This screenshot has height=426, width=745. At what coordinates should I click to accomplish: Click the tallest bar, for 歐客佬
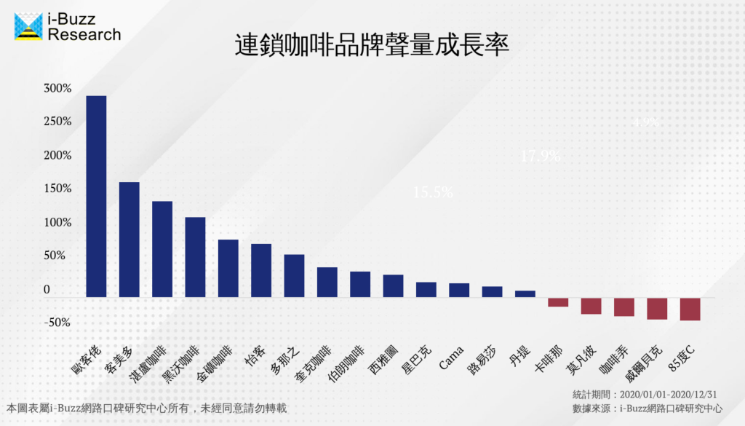click(96, 197)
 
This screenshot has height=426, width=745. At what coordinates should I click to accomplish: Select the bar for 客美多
click(130, 240)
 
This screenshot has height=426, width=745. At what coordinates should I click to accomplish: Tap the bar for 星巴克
click(426, 289)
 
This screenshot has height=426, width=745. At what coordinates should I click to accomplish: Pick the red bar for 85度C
click(690, 309)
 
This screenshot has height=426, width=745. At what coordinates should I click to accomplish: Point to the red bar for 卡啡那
click(558, 302)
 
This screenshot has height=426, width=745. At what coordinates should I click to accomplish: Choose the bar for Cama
click(459, 290)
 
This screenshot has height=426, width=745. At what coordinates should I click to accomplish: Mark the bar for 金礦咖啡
click(228, 268)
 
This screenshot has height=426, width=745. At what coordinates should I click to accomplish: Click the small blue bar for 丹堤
click(525, 293)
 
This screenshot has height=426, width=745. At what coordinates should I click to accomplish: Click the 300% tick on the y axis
click(57, 88)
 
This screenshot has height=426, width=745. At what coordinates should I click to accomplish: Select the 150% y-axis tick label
click(57, 189)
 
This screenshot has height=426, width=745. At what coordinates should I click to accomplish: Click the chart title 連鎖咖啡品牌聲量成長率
click(372, 45)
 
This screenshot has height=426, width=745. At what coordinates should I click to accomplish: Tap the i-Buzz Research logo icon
click(28, 25)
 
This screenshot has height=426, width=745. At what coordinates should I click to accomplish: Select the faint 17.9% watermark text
click(540, 155)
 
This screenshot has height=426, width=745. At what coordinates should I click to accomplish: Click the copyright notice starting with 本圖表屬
click(146, 409)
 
